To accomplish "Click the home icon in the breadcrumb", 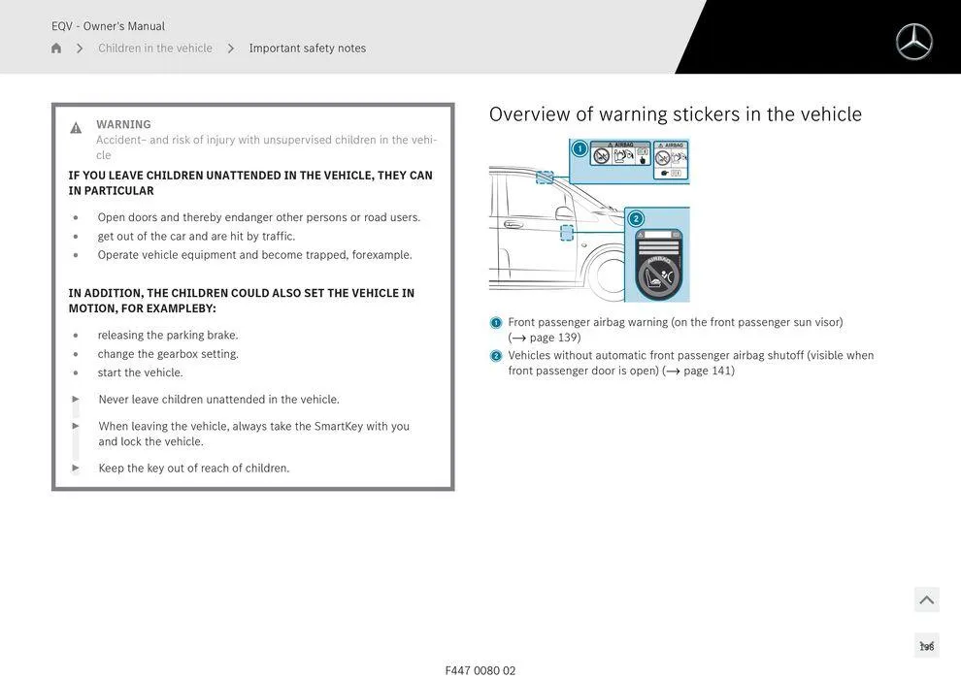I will click(x=56, y=48).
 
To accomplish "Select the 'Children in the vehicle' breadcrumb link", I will click(x=154, y=48).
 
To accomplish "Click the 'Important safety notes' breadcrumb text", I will click(x=307, y=48).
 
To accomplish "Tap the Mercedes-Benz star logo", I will click(x=913, y=42).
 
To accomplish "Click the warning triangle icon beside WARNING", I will click(x=76, y=128).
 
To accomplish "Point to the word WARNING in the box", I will click(x=123, y=124).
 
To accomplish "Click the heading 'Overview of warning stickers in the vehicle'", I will click(x=675, y=114).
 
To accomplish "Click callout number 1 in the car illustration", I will click(x=580, y=148).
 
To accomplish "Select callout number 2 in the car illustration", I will click(x=636, y=218).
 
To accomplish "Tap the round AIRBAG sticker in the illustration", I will click(x=660, y=275).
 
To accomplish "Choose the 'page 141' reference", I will click(x=709, y=371).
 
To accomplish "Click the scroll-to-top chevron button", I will click(x=926, y=600).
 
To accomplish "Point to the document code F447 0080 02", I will click(x=480, y=670).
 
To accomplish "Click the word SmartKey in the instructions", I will click(x=338, y=426).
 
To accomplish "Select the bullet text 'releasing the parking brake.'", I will click(x=167, y=336).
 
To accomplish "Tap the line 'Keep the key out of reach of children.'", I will click(x=193, y=469).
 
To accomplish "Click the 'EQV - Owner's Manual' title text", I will click(x=108, y=26).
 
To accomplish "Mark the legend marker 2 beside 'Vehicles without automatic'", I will click(x=496, y=356).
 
